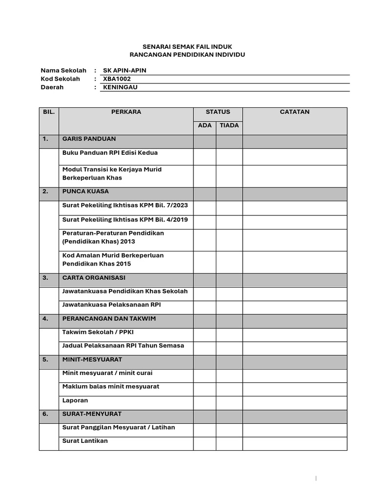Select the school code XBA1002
[x=117, y=79]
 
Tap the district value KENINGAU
[x=120, y=87]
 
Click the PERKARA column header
[x=126, y=112]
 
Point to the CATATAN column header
[x=294, y=112]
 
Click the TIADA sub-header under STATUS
[x=229, y=125]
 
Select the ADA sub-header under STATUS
[x=205, y=125]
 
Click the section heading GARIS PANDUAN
[x=89, y=139]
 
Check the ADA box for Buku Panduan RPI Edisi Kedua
[x=205, y=157]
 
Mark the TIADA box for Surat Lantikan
[x=229, y=443]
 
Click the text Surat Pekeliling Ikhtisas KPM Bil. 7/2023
[x=125, y=206]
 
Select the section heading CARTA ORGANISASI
[x=94, y=277]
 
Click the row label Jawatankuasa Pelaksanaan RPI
[x=112, y=305]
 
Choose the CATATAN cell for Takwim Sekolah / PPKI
[x=294, y=334]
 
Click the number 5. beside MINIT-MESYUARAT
[x=45, y=359]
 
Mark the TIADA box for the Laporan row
[x=229, y=403]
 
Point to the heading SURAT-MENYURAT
[x=92, y=414]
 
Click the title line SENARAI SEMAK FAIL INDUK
[x=187, y=46]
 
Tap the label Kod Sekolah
[x=60, y=79]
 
